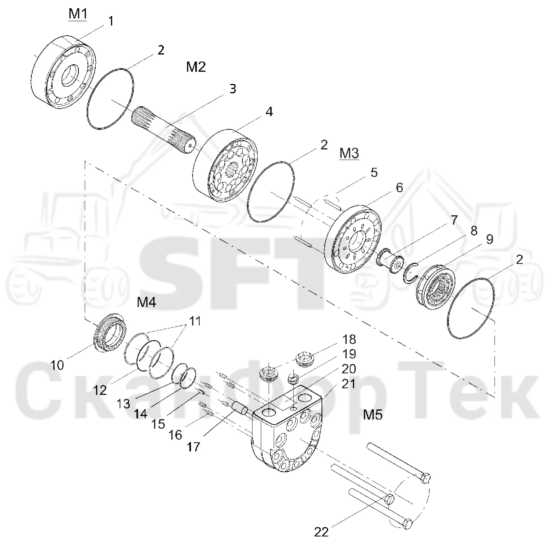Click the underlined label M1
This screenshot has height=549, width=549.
pyautogui.click(x=78, y=14)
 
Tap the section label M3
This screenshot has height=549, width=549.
pyautogui.click(x=349, y=153)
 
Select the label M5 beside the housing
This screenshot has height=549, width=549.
pyautogui.click(x=373, y=415)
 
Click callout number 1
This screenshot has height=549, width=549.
pyautogui.click(x=111, y=21)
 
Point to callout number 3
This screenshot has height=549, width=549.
pyautogui.click(x=233, y=89)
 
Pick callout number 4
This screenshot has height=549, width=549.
pyautogui.click(x=269, y=112)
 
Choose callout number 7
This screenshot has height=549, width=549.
pyautogui.click(x=454, y=220)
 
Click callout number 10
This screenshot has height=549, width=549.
pyautogui.click(x=57, y=365)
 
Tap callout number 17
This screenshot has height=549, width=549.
pyautogui.click(x=193, y=447)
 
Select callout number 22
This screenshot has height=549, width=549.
pyautogui.click(x=322, y=532)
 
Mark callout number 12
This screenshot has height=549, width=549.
pyautogui.click(x=100, y=390)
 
